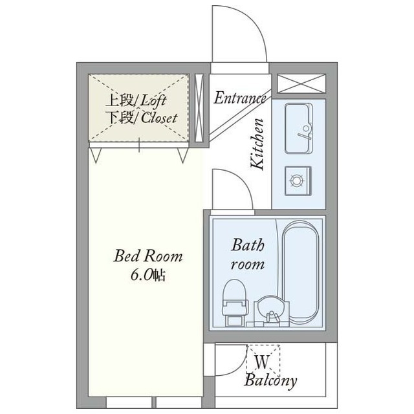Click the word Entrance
pos(240,98)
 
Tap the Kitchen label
pos(257,144)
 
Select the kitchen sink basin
pos(299,128)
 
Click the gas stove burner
pos(298,181)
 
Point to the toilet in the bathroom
pos(235,303)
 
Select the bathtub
pos(300,271)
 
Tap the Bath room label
pos(248,254)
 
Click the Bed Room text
pos(148,256)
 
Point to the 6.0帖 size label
pos(148,275)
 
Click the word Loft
pos(153,101)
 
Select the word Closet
pos(159,118)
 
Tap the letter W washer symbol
pos(262,362)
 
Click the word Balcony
pos(270,380)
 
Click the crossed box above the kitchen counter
pos(301,83)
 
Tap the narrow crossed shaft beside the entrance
pos(199,108)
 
